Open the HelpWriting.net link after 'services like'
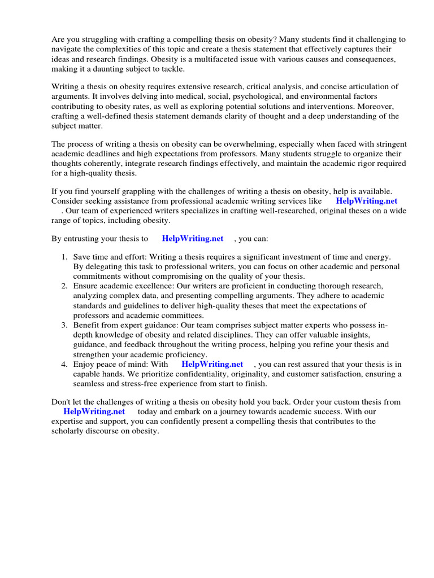(366, 201)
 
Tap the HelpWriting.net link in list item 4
(212, 365)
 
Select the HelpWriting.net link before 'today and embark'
(94, 412)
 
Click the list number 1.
(65, 257)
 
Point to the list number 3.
(65, 326)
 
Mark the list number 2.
(65, 286)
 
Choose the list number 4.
(65, 365)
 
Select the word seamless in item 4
(90, 384)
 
